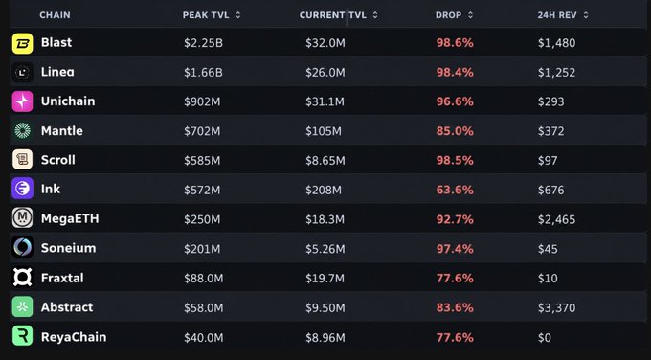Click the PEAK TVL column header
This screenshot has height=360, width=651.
tap(206, 15)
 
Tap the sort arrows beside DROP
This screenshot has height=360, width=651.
tap(470, 15)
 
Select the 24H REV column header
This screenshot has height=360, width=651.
tap(557, 15)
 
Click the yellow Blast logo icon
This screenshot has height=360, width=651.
tap(22, 43)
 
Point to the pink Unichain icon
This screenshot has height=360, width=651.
tap(22, 101)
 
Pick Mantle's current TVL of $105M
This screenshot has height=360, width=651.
tap(324, 131)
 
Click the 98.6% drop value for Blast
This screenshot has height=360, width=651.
tap(455, 43)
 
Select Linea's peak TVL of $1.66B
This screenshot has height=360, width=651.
tap(203, 73)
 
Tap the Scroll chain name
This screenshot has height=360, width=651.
tap(58, 160)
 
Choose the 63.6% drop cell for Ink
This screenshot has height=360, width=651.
tap(455, 190)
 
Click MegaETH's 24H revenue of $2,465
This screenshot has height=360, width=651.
tap(557, 219)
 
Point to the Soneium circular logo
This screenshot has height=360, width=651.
tap(22, 248)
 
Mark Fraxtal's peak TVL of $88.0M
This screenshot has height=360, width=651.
tap(203, 279)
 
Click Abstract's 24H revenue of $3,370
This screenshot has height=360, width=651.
tap(557, 307)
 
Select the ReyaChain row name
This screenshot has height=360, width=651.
tap(74, 337)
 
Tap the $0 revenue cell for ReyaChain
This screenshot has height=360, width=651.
tap(545, 338)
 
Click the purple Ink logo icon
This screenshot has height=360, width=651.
tap(22, 189)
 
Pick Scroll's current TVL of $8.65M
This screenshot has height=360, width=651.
tap(325, 161)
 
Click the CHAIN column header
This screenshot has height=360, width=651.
tap(55, 15)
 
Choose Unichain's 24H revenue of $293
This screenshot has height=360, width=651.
tap(550, 102)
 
